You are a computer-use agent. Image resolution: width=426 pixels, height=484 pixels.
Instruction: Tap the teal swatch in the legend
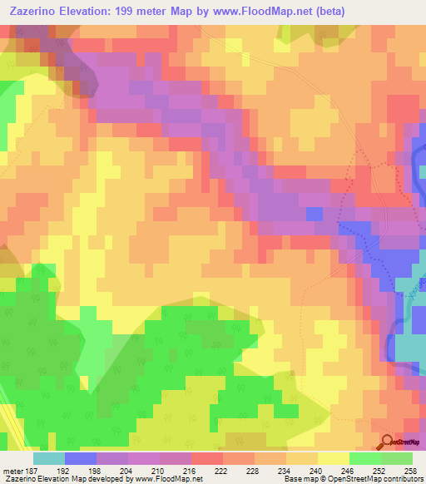[x=49, y=458]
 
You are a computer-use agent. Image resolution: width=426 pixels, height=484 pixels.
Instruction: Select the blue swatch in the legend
[x=81, y=458]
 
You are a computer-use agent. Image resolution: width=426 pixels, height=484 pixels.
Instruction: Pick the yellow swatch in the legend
[x=333, y=458]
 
